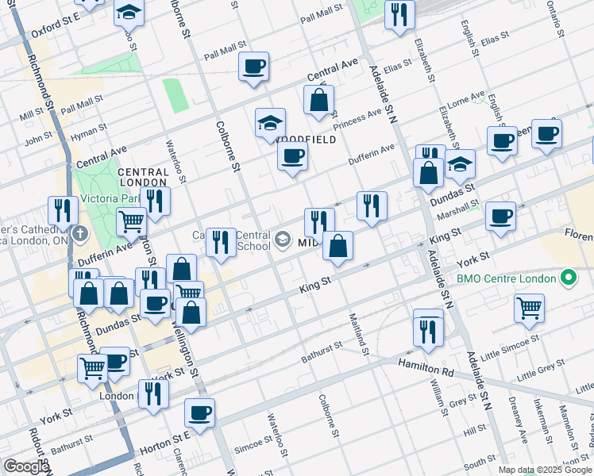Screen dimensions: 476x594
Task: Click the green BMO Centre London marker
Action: click(567, 278)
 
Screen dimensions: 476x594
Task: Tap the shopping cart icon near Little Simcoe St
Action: click(529, 306)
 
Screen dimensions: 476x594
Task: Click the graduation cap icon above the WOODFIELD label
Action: click(270, 123)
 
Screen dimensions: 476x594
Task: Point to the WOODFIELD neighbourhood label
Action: click(306, 139)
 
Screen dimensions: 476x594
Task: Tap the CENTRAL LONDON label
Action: click(143, 176)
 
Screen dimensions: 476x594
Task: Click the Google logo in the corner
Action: click(25, 466)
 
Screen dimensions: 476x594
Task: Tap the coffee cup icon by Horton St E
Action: click(199, 412)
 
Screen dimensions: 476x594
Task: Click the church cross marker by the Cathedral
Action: click(79, 234)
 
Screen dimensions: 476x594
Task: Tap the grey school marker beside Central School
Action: click(283, 239)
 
